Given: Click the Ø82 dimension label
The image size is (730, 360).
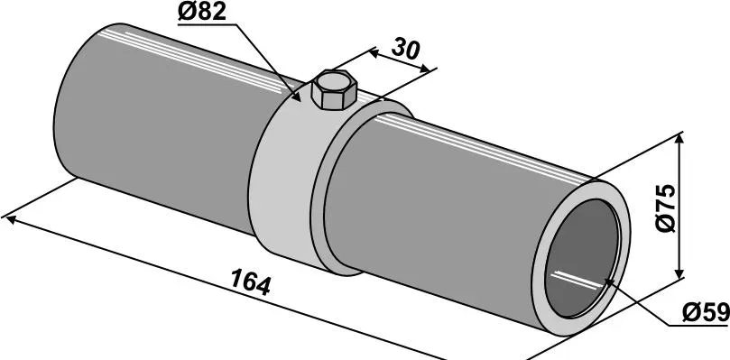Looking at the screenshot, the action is pos(202,12).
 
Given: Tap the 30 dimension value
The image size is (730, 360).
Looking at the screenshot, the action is pos(405,49).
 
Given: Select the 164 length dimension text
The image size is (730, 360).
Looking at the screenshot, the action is pos(251,282).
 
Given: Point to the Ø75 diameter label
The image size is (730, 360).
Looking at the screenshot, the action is pos(664,208).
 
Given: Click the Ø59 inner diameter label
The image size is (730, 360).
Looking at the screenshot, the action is pos(706,312).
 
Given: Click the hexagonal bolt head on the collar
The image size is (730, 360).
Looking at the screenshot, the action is pos(334,89).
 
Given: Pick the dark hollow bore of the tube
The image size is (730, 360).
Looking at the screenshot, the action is pos(582,259).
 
